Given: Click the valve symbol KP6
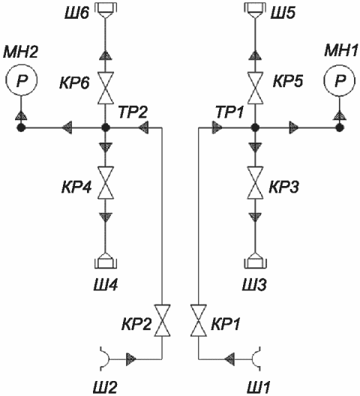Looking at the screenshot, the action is click(x=106, y=88).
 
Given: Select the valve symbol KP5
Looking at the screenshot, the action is click(x=255, y=88).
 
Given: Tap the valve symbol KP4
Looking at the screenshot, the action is click(x=106, y=183).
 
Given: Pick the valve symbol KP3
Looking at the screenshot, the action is click(x=255, y=183).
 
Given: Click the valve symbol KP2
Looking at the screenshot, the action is click(x=162, y=320).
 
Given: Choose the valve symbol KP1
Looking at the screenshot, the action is click(x=199, y=320).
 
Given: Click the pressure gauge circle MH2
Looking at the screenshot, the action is click(x=21, y=79).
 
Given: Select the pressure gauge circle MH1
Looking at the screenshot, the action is click(x=340, y=79).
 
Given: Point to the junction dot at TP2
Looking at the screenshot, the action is click(x=106, y=127).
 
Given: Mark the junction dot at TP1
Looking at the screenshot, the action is click(x=255, y=127).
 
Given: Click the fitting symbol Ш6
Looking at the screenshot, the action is click(x=106, y=10).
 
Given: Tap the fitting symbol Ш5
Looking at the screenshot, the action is click(x=255, y=10).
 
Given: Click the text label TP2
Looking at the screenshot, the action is click(x=133, y=112).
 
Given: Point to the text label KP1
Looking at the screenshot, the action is click(x=226, y=323).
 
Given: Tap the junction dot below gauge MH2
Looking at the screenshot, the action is click(x=21, y=127).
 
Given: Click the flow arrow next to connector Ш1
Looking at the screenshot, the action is click(x=229, y=358).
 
